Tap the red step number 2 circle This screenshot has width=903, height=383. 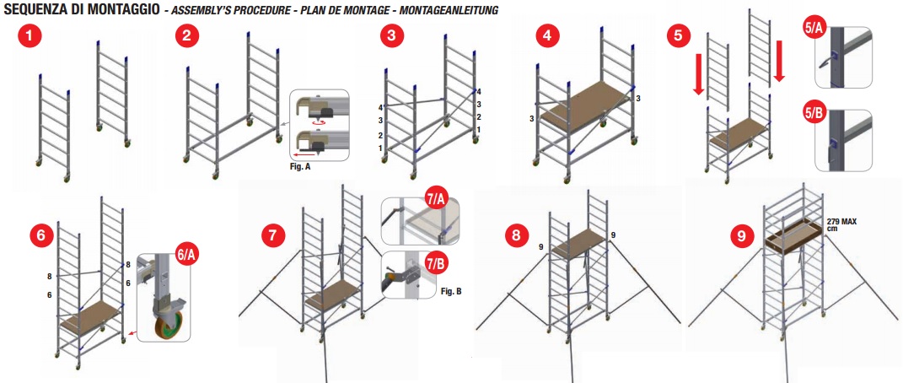pyautogui.click(x=186, y=35)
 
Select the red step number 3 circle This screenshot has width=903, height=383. pyautogui.click(x=392, y=35)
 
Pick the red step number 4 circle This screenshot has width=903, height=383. pyautogui.click(x=547, y=35)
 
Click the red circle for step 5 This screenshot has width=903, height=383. pyautogui.click(x=679, y=35)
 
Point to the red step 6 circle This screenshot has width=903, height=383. pyautogui.click(x=43, y=235)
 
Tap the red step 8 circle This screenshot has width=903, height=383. pyautogui.click(x=516, y=235)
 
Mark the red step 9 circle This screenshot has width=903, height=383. pyautogui.click(x=741, y=235)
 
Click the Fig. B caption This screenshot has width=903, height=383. pyautogui.click(x=452, y=291)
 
